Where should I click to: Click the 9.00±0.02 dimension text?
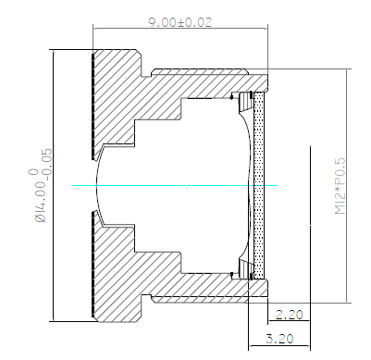(180, 22)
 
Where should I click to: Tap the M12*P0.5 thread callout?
(340, 186)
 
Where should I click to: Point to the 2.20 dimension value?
(289, 315)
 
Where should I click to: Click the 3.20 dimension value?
(279, 339)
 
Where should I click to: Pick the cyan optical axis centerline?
(175, 185)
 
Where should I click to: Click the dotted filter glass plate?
(259, 185)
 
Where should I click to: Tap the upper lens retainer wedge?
(246, 102)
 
